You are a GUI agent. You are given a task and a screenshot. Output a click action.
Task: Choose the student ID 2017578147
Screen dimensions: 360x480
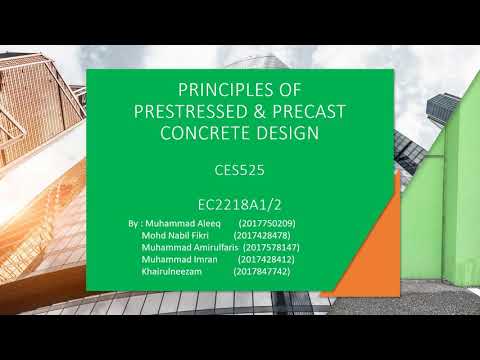(x=272, y=246)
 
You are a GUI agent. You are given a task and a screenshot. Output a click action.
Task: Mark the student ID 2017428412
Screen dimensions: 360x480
(x=266, y=258)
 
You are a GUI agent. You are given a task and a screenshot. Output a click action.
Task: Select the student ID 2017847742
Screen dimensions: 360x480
(x=262, y=270)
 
